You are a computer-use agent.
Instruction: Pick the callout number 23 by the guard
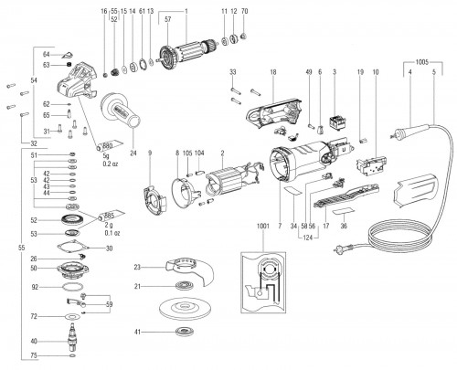(x=136, y=267)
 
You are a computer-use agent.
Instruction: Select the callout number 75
(x=58, y=355)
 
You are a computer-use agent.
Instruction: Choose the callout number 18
(x=272, y=70)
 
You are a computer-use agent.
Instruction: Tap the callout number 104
(x=199, y=153)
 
